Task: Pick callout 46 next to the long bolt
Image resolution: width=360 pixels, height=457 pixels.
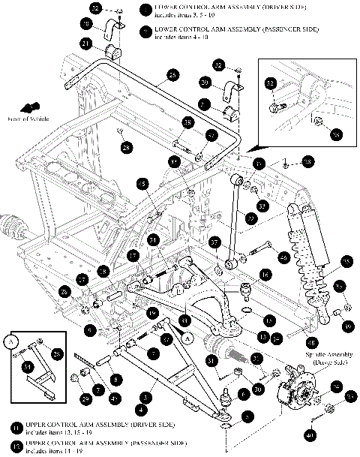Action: [x=284, y=257]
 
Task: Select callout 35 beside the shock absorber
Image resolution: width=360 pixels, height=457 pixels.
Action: [x=346, y=260]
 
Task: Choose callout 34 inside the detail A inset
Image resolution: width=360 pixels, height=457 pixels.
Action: [x=27, y=366]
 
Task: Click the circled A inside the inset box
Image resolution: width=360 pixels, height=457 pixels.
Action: [x=11, y=338]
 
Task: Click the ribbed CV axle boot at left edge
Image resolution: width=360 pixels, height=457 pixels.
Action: [x=12, y=227]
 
